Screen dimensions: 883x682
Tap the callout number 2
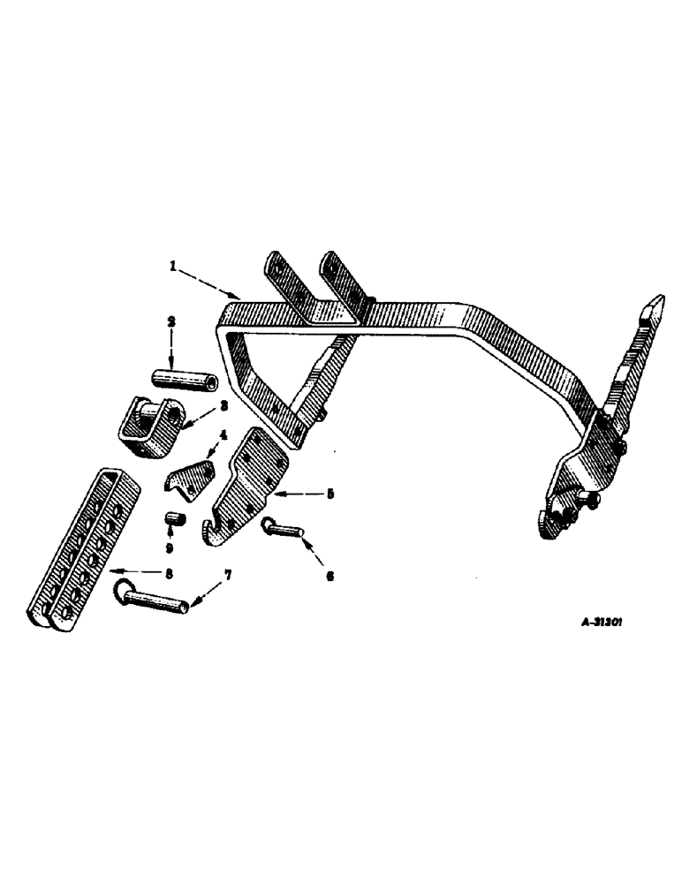[x=172, y=323]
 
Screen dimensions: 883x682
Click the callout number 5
[x=329, y=494]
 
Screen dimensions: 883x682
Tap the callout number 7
[x=227, y=576]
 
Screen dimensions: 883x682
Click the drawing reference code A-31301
[x=603, y=622]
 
